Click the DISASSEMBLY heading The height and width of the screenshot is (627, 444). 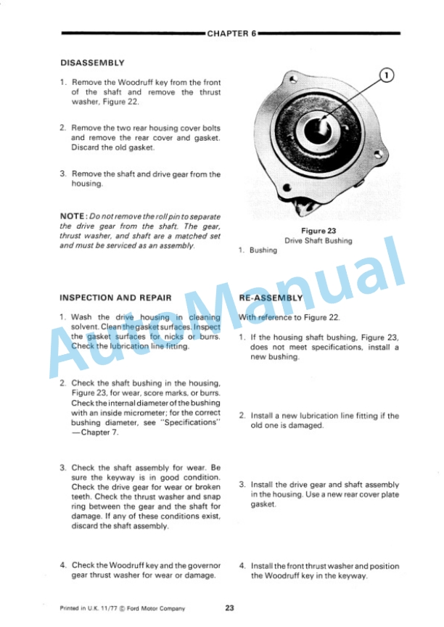(92, 63)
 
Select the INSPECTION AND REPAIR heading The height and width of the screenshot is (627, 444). (115, 298)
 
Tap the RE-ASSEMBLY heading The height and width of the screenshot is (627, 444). (271, 298)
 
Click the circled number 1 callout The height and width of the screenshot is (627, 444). (387, 75)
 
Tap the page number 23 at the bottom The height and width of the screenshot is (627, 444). (229, 608)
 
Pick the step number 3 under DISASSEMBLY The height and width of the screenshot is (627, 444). (63, 174)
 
